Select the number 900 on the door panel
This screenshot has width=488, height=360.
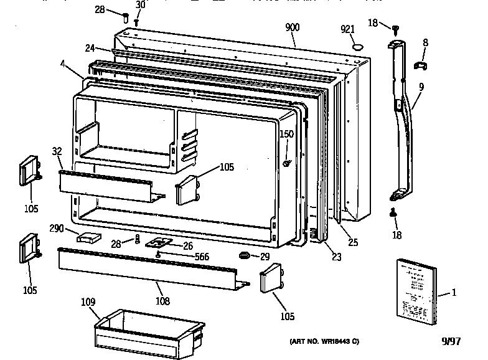coord(293,28)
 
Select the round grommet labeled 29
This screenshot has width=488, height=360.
coord(243,255)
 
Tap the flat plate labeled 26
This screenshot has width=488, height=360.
coord(157,244)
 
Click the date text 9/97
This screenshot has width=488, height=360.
coord(451,341)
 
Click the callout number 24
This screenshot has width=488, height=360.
coord(90,47)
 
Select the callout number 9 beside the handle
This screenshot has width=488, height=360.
coord(421,87)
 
